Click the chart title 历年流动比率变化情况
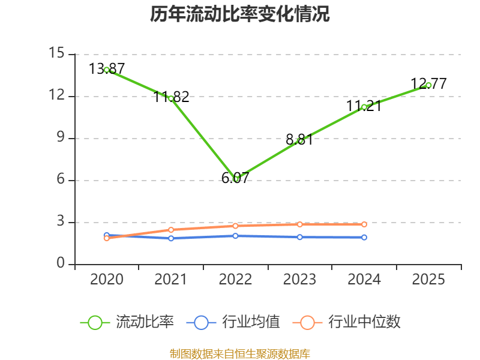pos(240,14)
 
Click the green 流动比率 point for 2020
pos(107,70)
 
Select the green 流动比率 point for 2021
pos(171,98)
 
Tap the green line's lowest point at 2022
pos(236,179)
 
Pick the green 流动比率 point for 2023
pos(300,140)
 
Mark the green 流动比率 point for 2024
pos(364,107)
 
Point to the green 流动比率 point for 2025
pos(428,85)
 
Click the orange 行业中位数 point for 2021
pos(171,230)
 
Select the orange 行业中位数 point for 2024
pos(364,224)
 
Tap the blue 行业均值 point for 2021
pos(171,238)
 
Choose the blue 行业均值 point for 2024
pos(364,238)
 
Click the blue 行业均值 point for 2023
pos(300,237)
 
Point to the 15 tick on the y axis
pos(56,54)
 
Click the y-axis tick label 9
pos(61,138)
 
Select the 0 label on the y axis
pos(61,264)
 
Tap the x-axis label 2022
pos(236,280)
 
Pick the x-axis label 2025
pos(428,280)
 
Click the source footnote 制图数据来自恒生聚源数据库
pos(240,353)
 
